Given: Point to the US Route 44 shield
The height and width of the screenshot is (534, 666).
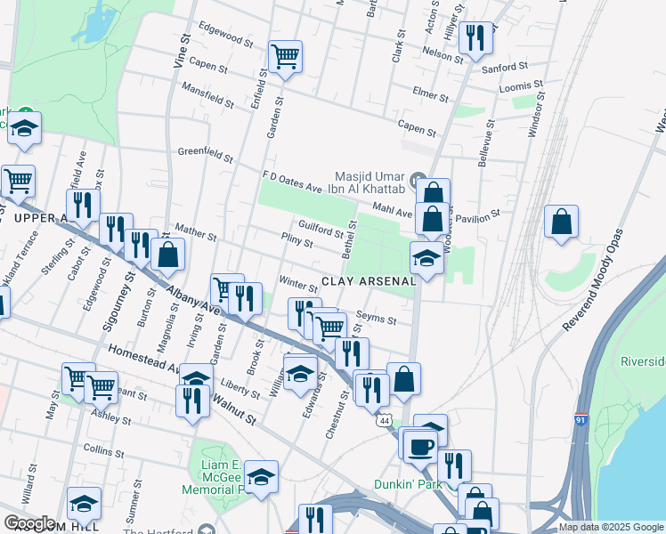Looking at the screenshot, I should click(385, 418).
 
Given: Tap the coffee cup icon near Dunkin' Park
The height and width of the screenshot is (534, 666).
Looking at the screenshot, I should click(420, 445).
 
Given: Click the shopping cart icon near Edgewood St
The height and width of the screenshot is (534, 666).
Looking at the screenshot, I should click(286, 58).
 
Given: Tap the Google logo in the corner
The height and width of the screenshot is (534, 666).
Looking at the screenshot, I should click(29, 523).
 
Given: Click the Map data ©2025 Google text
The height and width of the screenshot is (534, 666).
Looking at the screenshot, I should click(611, 527).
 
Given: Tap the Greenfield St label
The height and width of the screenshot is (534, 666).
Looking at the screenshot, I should click(204, 156).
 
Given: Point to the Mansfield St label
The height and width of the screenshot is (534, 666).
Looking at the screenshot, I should click(207, 96).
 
